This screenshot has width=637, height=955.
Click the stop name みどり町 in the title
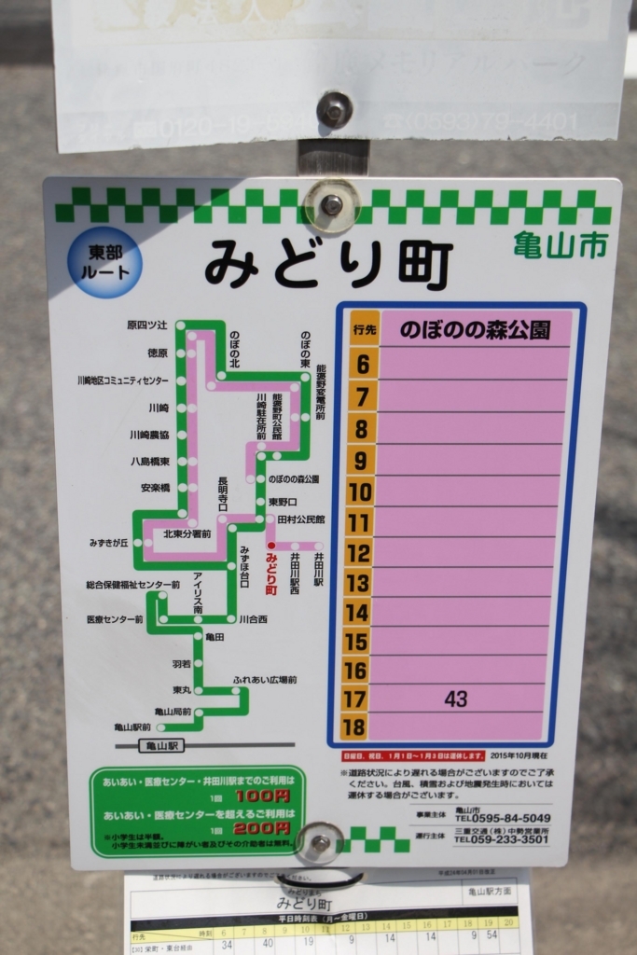click(328, 262)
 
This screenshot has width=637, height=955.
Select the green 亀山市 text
click(560, 244)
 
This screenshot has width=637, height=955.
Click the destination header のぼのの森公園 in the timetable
click(475, 330)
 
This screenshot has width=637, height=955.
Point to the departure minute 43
click(456, 699)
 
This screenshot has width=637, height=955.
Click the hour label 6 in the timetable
click(363, 364)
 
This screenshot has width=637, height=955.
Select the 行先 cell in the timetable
click(364, 329)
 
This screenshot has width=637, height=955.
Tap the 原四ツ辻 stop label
click(146, 325)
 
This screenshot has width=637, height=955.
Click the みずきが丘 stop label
click(108, 543)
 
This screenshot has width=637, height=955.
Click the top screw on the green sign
click(331, 205)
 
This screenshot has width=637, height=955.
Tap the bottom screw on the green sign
click(319, 842)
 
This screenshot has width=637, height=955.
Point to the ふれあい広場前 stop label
click(265, 680)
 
